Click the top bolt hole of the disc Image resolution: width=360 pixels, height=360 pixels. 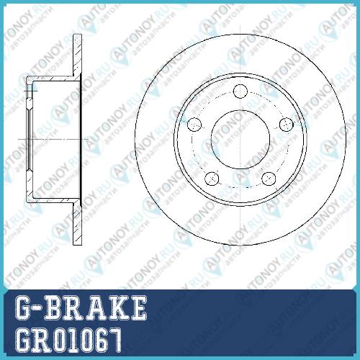pos(240,91)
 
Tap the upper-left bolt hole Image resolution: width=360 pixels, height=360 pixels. pos(194,125)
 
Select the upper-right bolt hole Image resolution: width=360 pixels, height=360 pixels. pos(287,125)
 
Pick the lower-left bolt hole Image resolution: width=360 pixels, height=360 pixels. pos(212,179)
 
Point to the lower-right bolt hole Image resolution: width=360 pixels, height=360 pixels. pos(269,179)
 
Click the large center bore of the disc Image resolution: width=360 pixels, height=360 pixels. pos(240,139)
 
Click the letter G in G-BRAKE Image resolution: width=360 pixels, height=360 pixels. pos(23,307)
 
